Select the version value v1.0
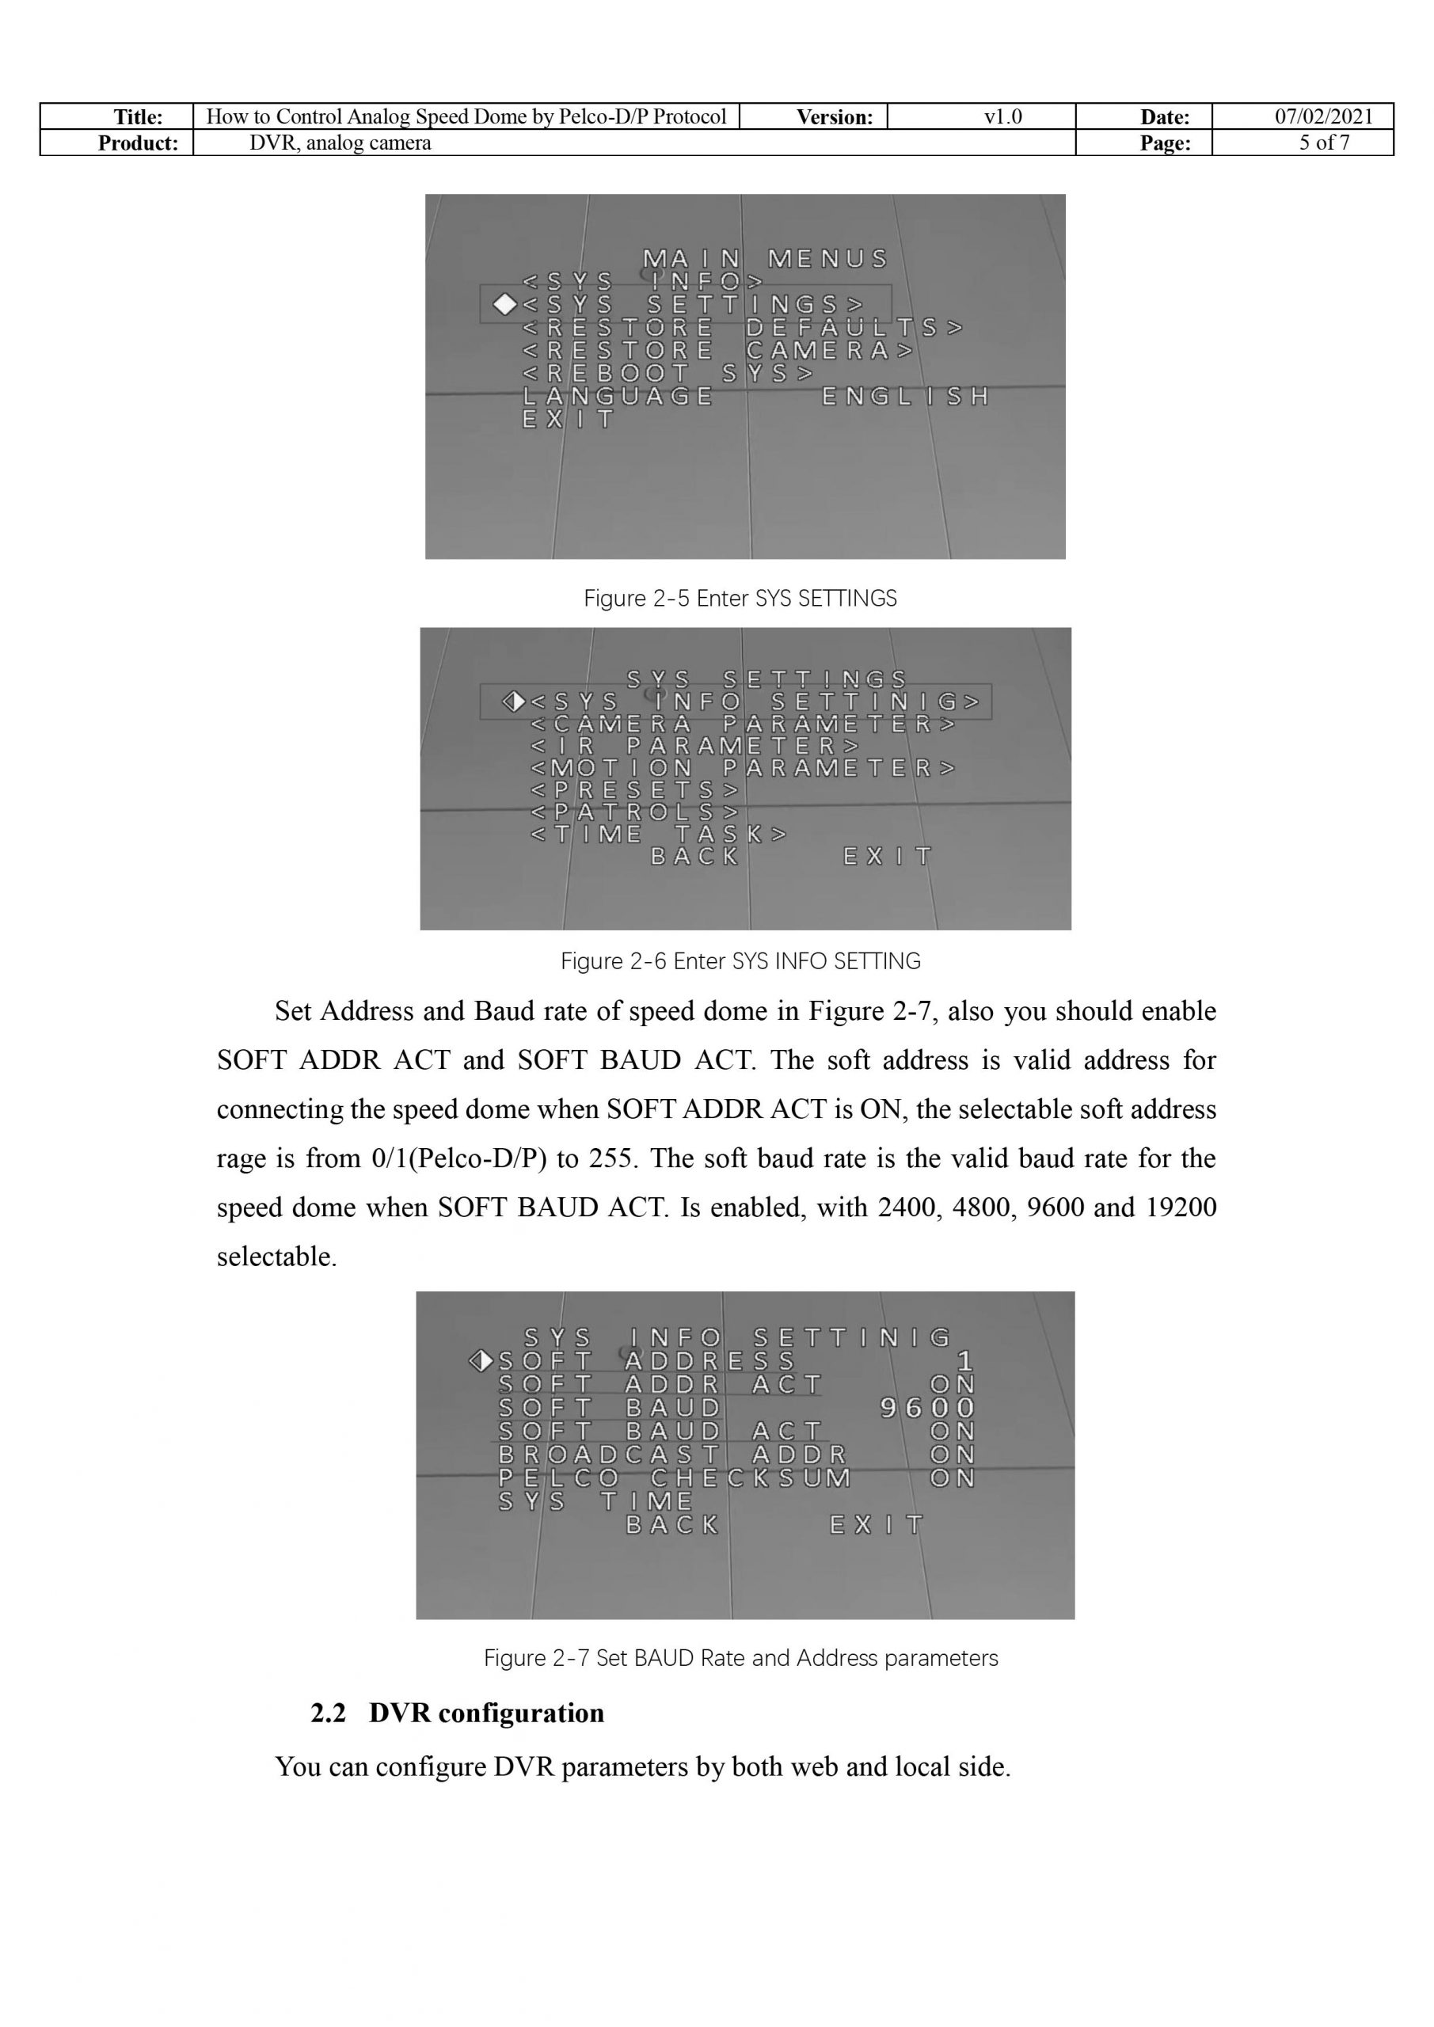tap(1002, 116)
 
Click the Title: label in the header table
tap(138, 117)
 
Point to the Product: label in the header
tap(138, 143)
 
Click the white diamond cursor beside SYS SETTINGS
tap(504, 305)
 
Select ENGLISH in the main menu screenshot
tap(904, 397)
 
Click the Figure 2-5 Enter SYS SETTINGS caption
tap(740, 599)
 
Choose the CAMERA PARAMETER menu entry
tap(742, 724)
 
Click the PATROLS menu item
tap(634, 812)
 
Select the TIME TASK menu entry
tap(658, 835)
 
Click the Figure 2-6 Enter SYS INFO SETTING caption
tap(740, 961)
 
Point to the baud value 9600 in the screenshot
tap(927, 1408)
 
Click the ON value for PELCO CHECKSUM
tap(952, 1477)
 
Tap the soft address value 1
tap(964, 1361)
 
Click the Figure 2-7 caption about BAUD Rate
tap(740, 1658)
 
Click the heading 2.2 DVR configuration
tap(457, 1713)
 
